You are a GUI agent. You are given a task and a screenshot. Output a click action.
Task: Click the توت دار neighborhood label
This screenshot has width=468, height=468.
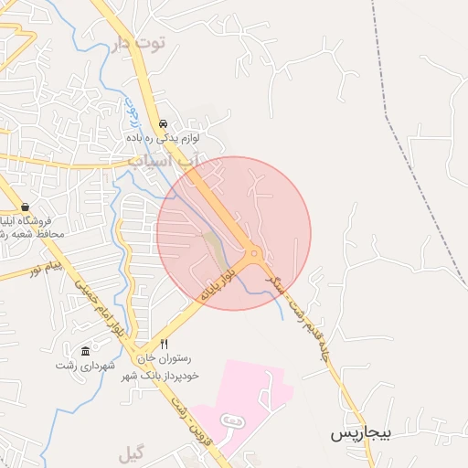(141, 43)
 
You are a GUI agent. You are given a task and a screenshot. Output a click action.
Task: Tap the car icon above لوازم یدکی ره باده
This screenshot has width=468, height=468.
(163, 123)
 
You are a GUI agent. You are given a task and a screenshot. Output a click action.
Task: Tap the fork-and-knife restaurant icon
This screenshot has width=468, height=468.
(164, 344)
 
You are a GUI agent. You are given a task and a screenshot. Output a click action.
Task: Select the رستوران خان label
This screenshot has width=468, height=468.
(167, 359)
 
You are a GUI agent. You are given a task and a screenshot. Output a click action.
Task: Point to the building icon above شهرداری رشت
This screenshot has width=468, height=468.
(86, 352)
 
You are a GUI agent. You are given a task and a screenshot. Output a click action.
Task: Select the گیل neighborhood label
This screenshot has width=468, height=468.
(131, 452)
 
